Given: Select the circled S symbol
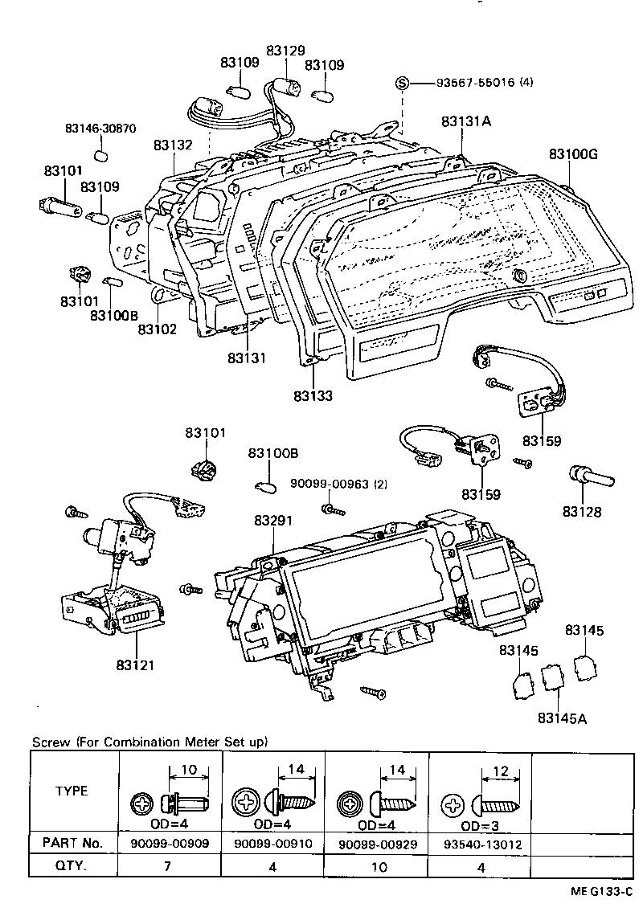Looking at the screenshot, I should point(403,83).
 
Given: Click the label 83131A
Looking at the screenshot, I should point(465,122).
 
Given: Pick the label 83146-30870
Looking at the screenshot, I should point(100,129).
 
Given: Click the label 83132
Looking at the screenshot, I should point(173,145).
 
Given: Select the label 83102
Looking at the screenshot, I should point(157,329).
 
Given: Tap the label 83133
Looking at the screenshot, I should point(313,395).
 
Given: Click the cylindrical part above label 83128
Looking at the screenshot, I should point(592,477).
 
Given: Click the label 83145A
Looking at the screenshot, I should point(562,717).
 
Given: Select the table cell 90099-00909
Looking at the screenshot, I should point(170,843).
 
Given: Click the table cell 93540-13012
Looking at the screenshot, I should point(480,843).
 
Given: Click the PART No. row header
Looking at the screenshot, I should point(72,843).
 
